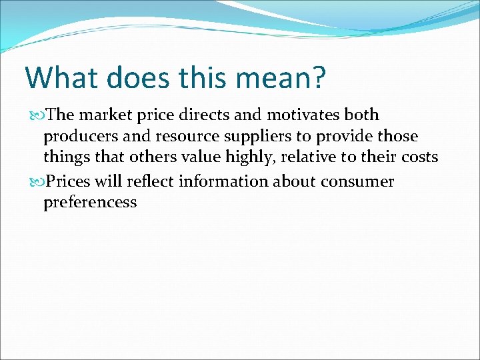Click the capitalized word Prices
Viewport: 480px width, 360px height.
(x=70, y=181)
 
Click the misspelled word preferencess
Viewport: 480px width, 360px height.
(x=90, y=203)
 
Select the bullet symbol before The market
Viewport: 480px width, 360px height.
(x=37, y=115)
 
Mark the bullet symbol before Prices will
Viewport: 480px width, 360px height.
(x=37, y=182)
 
